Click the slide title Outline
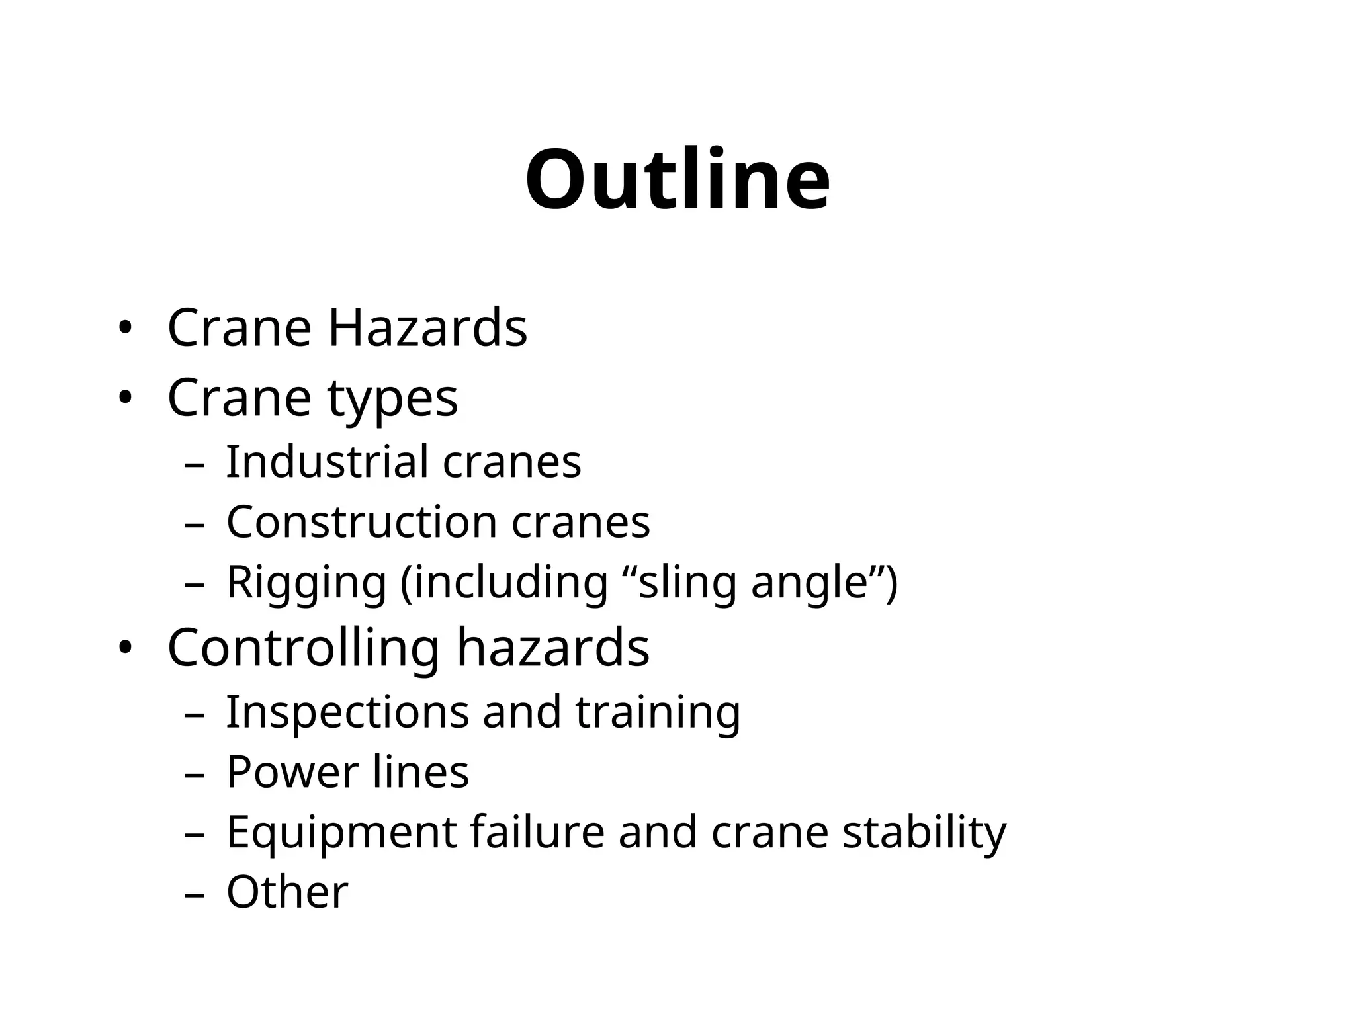point(677,179)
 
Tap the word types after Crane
point(392,398)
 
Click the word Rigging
point(306,583)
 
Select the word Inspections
point(347,712)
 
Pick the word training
point(658,713)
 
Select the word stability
point(924,832)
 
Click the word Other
point(287,892)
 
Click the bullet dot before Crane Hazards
point(124,328)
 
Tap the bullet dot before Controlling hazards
point(124,648)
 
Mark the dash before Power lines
point(194,774)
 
